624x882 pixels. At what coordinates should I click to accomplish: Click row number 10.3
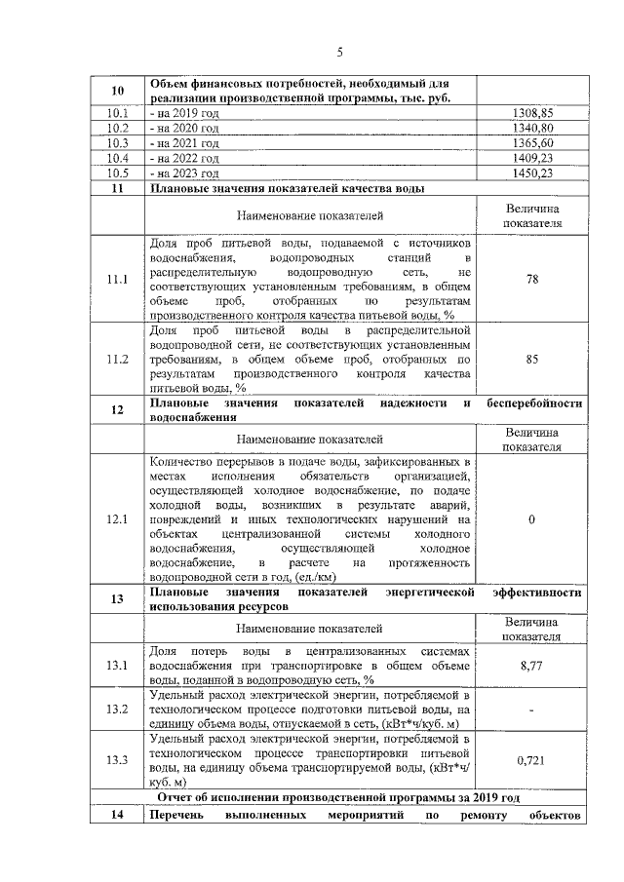point(117,142)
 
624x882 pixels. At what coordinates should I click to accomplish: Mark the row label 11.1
point(117,279)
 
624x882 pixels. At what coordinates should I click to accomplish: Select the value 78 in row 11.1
point(532,279)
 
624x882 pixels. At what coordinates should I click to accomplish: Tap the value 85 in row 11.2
point(532,359)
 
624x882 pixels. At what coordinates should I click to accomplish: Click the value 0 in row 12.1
point(531,519)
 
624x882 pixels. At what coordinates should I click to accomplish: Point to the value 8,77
point(532,665)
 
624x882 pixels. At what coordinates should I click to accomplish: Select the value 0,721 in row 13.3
point(532,758)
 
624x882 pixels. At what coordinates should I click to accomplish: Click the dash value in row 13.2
point(531,710)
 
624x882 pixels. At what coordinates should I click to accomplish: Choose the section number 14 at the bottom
point(117,816)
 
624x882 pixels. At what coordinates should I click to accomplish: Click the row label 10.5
point(117,173)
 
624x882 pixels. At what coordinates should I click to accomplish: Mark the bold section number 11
point(117,188)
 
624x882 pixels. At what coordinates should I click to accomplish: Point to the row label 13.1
point(117,665)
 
